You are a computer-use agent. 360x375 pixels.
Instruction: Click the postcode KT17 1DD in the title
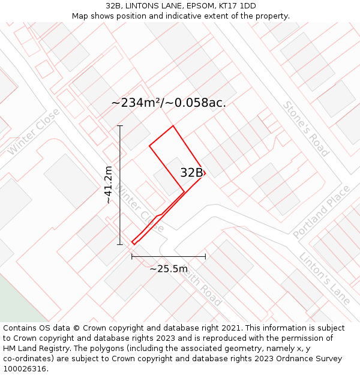tap(235, 6)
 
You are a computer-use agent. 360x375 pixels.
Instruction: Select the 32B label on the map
tap(191, 173)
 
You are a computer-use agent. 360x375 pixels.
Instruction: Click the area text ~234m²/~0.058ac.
tap(169, 103)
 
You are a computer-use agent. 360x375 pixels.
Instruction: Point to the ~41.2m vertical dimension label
tap(109, 185)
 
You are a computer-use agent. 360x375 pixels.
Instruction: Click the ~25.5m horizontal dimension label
tap(169, 269)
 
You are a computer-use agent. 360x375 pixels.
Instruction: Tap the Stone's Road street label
tap(306, 128)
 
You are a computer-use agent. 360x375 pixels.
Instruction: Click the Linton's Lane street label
tap(325, 278)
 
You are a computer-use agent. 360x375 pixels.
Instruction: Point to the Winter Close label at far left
tap(34, 132)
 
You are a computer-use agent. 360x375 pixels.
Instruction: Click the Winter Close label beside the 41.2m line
tap(139, 209)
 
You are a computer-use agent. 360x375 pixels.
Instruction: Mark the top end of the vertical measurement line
tap(120, 126)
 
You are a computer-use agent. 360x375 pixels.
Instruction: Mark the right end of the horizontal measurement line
tap(205, 256)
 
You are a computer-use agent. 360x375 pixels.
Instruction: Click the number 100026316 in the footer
tap(26, 369)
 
